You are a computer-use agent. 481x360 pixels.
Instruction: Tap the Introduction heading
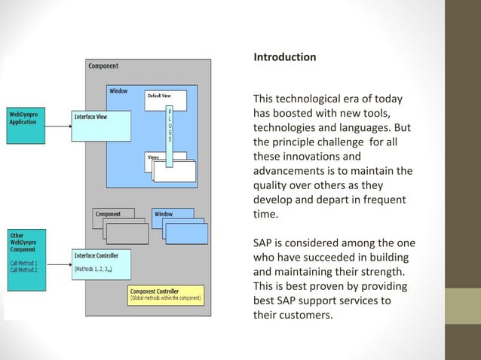tap(284, 57)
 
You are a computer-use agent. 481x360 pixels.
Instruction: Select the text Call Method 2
tap(25, 269)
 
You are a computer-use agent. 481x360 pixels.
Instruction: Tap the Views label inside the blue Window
tap(153, 157)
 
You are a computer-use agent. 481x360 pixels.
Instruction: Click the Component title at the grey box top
tap(103, 66)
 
